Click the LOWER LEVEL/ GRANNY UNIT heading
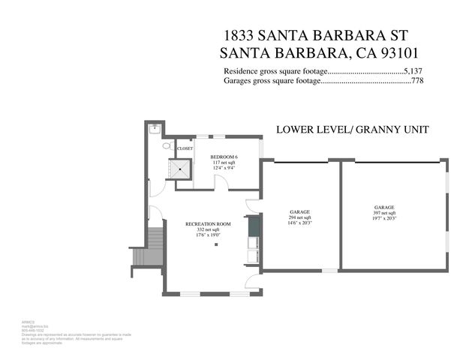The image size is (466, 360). pos(353,130)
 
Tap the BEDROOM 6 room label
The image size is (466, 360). pos(224,156)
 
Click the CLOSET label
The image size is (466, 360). pos(185,148)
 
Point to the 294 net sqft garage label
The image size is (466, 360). pos(299,217)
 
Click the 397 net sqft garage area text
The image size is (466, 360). pos(384,213)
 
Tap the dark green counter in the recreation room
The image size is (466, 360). pos(253,225)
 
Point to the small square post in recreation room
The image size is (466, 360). pos(215,244)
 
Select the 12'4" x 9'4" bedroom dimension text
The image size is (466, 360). pos(224,168)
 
